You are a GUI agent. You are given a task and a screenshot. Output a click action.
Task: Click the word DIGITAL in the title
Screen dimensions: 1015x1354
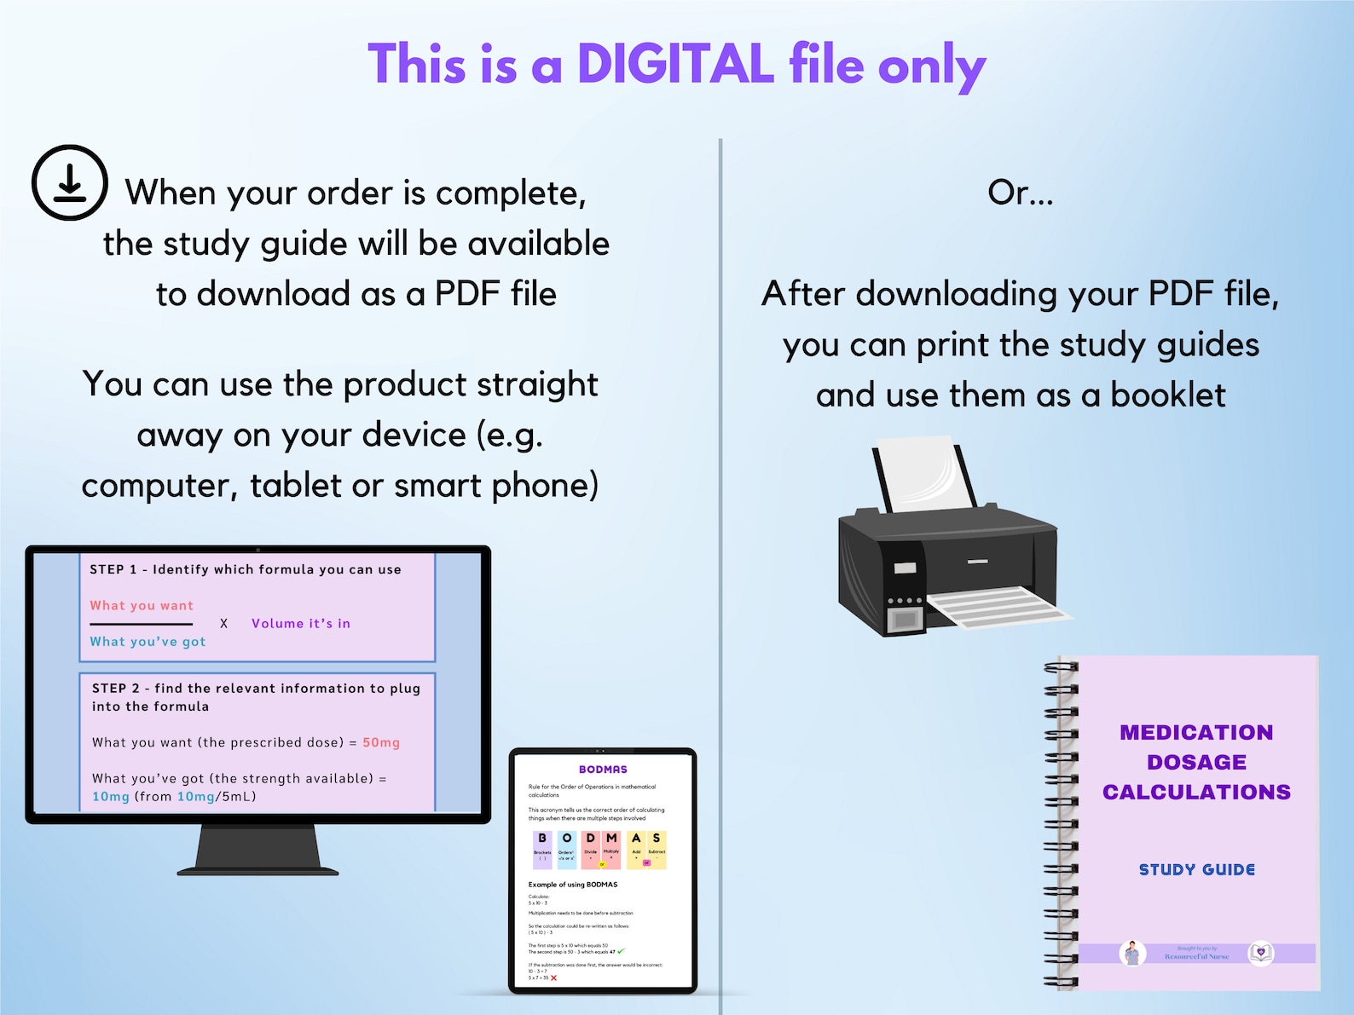click(675, 65)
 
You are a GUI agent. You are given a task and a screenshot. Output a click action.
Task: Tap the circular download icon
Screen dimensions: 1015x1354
click(70, 182)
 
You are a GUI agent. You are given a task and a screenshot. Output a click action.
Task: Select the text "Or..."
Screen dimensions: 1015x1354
click(1020, 193)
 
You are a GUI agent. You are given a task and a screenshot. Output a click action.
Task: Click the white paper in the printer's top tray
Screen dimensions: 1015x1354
click(925, 473)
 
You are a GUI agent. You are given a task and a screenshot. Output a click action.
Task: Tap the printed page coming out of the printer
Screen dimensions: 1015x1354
click(998, 606)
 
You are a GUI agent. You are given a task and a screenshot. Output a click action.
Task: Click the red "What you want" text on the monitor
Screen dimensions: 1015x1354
click(142, 606)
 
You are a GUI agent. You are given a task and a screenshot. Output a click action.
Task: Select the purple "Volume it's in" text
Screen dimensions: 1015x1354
click(300, 624)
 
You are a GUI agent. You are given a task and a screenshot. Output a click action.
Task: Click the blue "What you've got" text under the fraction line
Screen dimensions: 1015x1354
click(148, 642)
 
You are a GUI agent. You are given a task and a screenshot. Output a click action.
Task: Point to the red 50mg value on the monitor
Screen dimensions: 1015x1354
click(381, 742)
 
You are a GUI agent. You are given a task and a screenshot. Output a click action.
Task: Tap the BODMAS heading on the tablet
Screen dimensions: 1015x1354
click(603, 770)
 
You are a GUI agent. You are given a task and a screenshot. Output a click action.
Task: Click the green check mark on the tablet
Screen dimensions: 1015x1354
click(621, 951)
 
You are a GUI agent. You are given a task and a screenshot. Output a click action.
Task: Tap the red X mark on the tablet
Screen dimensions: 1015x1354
click(554, 978)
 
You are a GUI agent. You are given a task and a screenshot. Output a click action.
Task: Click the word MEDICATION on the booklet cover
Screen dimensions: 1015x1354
click(1196, 733)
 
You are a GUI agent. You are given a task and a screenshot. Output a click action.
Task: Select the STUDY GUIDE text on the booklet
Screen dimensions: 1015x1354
click(1196, 870)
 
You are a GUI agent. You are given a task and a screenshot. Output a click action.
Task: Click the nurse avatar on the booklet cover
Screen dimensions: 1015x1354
click(1132, 953)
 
